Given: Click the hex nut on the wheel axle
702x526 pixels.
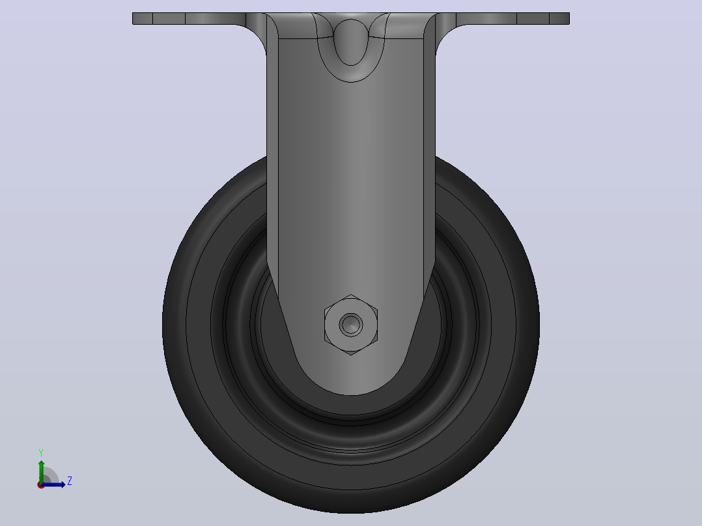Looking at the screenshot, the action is (351, 325).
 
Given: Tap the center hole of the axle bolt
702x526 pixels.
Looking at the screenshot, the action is (351, 324).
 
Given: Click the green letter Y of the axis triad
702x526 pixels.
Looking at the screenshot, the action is (41, 453).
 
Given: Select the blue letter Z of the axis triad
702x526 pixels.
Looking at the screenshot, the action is (70, 481).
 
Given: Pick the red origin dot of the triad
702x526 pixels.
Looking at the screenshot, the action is (40, 485).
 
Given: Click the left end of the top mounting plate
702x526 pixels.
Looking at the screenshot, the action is (133, 18).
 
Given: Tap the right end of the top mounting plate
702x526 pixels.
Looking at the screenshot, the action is (569, 18).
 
